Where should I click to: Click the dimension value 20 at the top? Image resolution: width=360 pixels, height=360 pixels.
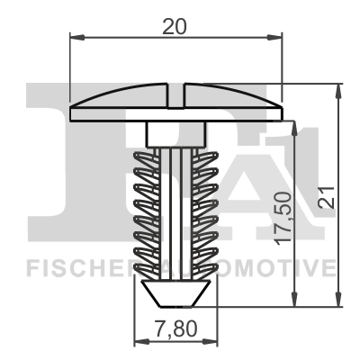tap(175, 27)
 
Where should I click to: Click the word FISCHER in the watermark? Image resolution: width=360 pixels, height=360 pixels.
tap(68, 267)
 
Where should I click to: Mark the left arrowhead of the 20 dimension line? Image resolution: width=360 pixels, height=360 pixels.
tap(75, 38)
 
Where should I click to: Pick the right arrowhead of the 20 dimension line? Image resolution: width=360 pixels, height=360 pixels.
tap(277, 38)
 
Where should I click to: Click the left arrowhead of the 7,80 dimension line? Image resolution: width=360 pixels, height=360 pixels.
tap(138, 342)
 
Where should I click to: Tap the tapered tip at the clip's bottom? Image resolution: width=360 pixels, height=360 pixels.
tap(176, 292)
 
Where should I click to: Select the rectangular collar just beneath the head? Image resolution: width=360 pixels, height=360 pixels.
tap(176, 134)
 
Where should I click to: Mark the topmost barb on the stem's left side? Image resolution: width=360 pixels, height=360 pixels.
tap(146, 158)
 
